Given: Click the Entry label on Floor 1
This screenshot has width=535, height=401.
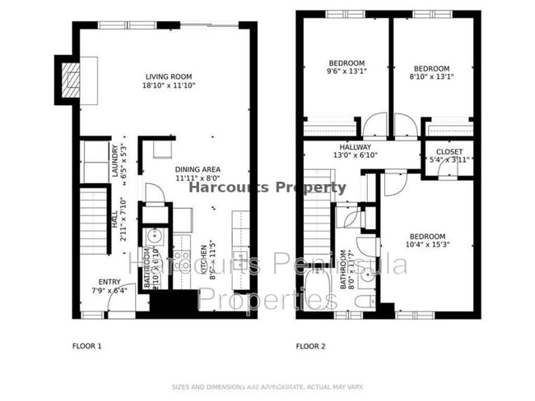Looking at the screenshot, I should pyautogui.click(x=109, y=281).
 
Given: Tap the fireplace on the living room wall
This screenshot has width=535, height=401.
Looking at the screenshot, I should pyautogui.click(x=71, y=80).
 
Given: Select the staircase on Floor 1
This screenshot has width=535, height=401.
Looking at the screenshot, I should pyautogui.click(x=95, y=215).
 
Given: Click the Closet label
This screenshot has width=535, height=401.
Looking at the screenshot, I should pyautogui.click(x=449, y=152).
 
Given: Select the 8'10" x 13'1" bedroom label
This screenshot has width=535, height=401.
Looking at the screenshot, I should pyautogui.click(x=431, y=68).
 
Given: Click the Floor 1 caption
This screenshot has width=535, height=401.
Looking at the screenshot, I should pyautogui.click(x=86, y=346).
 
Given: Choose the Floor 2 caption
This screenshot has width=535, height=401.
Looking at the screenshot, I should pyautogui.click(x=311, y=346).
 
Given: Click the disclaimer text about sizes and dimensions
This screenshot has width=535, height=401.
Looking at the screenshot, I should pyautogui.click(x=267, y=386).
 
